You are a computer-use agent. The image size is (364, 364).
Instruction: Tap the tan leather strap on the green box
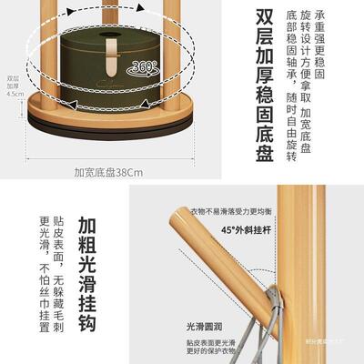tap(115, 57)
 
